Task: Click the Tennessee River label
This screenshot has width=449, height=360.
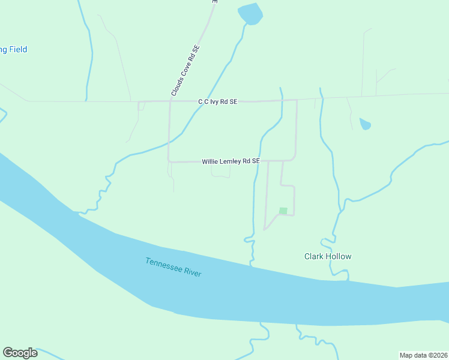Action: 173,267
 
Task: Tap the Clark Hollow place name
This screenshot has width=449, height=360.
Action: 327,256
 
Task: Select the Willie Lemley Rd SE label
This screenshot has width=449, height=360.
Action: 231,161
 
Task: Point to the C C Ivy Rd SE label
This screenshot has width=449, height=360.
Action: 218,102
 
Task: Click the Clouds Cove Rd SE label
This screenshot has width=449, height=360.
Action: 185,71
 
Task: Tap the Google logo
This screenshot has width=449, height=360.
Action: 20,353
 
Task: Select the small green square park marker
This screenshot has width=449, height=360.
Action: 283,211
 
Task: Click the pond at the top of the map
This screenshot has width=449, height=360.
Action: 250,14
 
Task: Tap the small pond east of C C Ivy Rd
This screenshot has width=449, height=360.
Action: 365,124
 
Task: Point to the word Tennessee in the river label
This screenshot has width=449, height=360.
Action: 163,265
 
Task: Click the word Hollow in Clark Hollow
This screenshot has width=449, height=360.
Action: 339,256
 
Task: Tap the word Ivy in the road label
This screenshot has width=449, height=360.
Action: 215,102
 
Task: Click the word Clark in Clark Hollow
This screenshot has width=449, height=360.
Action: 314,256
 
